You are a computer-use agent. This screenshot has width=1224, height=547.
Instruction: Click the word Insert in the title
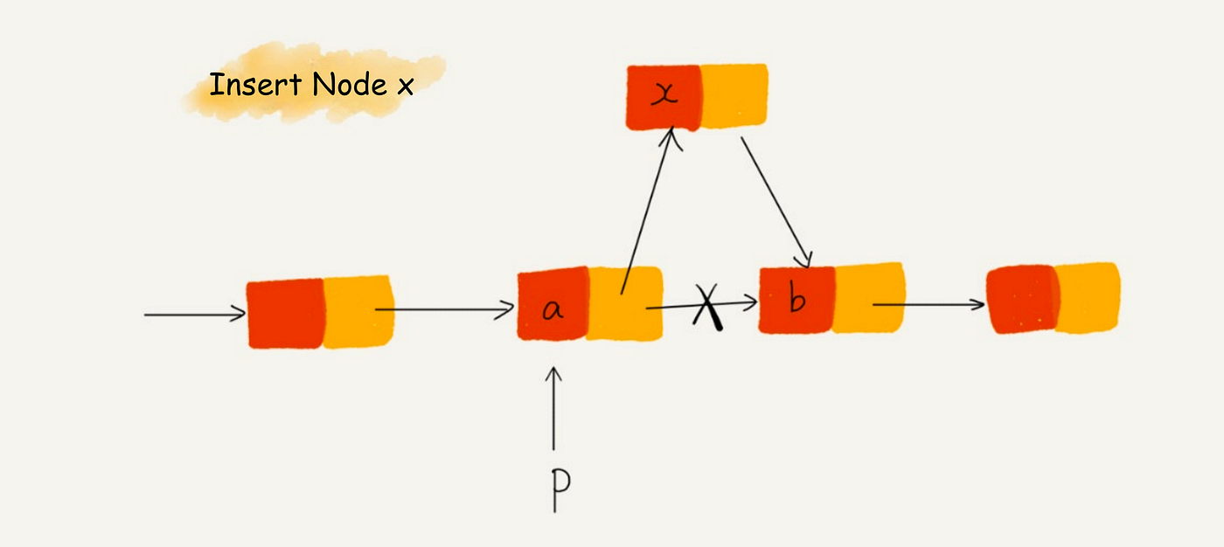pyautogui.click(x=255, y=85)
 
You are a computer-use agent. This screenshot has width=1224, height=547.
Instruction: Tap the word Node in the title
pyautogui.click(x=351, y=85)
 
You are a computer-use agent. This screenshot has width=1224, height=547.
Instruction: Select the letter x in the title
pyautogui.click(x=406, y=87)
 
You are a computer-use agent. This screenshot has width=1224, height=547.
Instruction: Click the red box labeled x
pyautogui.click(x=664, y=98)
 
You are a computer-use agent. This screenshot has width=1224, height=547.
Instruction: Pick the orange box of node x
pyautogui.click(x=734, y=96)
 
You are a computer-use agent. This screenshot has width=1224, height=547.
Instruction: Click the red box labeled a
pyautogui.click(x=553, y=303)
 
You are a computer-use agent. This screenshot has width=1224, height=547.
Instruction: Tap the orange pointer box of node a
pyautogui.click(x=625, y=303)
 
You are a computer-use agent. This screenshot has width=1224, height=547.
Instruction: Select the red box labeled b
pyautogui.click(x=796, y=300)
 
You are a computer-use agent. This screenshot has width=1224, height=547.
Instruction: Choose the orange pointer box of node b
pyautogui.click(x=869, y=297)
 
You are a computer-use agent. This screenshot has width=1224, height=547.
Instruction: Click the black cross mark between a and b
pyautogui.click(x=707, y=307)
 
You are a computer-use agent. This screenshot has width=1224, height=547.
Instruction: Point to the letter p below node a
pyautogui.click(x=560, y=489)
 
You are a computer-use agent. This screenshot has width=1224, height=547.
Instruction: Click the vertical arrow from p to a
pyautogui.click(x=553, y=408)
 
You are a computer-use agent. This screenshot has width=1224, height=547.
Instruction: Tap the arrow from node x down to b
pyautogui.click(x=776, y=202)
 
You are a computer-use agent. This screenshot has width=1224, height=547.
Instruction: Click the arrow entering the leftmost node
pyautogui.click(x=195, y=314)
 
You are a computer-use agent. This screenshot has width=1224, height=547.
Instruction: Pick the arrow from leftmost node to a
pyautogui.click(x=445, y=310)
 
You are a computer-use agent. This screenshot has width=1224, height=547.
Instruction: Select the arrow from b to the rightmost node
pyautogui.click(x=928, y=304)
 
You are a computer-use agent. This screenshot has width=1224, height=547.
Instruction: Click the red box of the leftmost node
pyautogui.click(x=286, y=314)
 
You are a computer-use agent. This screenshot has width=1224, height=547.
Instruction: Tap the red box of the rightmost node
pyautogui.click(x=1022, y=299)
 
